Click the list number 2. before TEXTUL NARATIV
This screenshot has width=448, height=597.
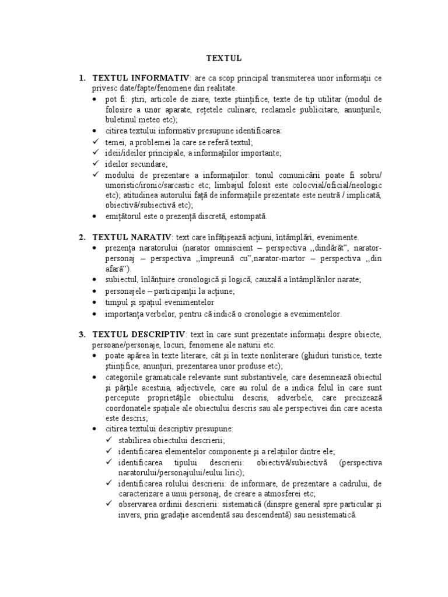pos(82,237)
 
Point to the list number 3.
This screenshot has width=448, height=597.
pos(82,334)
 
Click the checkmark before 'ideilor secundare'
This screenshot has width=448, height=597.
pos(96,164)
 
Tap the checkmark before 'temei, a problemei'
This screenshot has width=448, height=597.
pos(96,142)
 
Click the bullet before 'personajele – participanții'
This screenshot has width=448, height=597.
pos(96,290)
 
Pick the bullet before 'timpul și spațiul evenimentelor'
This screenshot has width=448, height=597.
pos(96,302)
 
